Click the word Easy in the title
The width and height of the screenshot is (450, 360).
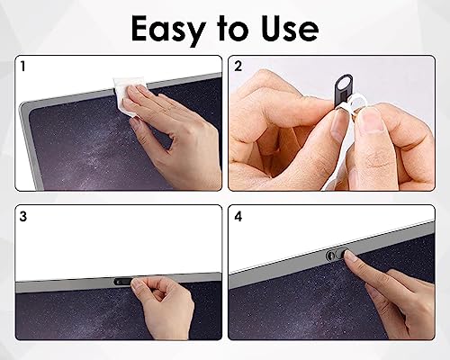pos(168,30)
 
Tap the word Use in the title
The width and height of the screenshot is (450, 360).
pos(289,28)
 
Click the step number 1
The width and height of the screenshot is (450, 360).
pos(22,66)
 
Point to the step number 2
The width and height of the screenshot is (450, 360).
pos(238,67)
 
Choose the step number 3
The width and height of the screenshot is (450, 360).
pos(23,216)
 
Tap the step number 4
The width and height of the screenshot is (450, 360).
pos(238,216)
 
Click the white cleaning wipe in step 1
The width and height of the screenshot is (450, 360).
pos(128,96)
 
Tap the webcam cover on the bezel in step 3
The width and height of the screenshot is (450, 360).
pos(123,282)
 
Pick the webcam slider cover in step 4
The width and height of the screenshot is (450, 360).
pos(336,255)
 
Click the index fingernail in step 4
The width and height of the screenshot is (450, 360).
pos(350,256)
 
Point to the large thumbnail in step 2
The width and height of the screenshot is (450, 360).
pos(372,120)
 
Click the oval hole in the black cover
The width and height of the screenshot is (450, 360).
pos(344,83)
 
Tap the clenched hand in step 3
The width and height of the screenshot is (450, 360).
pos(164,304)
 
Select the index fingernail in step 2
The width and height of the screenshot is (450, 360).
pos(338,124)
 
